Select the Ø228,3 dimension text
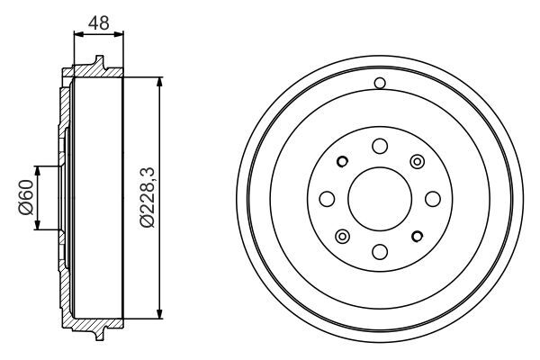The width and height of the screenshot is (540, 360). [x=148, y=198]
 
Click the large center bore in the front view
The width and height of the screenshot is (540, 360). [x=379, y=198]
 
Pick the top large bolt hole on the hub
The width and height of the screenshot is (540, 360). [x=379, y=146]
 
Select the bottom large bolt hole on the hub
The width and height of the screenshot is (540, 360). [x=379, y=251]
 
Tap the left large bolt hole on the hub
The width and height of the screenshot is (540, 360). [x=327, y=198]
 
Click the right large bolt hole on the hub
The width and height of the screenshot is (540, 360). [x=432, y=198]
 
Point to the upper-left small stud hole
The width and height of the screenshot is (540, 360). [x=342, y=162]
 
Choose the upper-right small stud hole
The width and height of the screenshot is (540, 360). [x=417, y=161]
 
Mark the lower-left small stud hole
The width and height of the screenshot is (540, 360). [x=342, y=236]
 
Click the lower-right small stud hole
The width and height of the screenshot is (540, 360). [x=417, y=236]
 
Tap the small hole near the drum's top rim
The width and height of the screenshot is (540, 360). [x=379, y=85]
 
